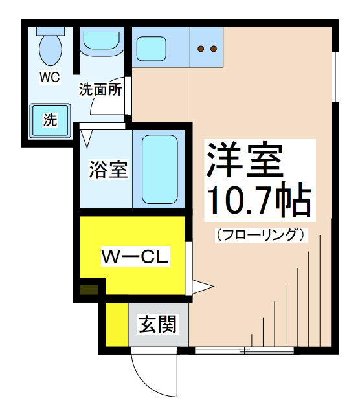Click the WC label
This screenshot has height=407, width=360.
50,77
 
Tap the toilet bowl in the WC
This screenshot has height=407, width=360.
51,50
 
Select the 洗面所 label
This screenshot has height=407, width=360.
100,89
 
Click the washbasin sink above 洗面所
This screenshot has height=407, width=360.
102,41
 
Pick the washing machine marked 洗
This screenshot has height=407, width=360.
50,120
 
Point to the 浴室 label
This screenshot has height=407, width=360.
108,170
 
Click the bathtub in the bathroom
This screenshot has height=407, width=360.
160,169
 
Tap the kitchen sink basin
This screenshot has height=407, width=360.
151,49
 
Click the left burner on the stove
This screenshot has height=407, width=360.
201,49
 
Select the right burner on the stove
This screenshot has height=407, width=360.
214,49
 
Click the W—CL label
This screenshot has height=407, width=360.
135,256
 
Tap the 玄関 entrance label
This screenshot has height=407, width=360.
158,324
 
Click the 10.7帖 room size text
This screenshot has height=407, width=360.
259,201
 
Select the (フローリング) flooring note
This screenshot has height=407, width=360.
261,235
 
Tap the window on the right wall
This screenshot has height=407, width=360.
335,76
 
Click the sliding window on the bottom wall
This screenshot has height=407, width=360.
244,351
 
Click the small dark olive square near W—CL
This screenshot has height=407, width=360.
89,290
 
